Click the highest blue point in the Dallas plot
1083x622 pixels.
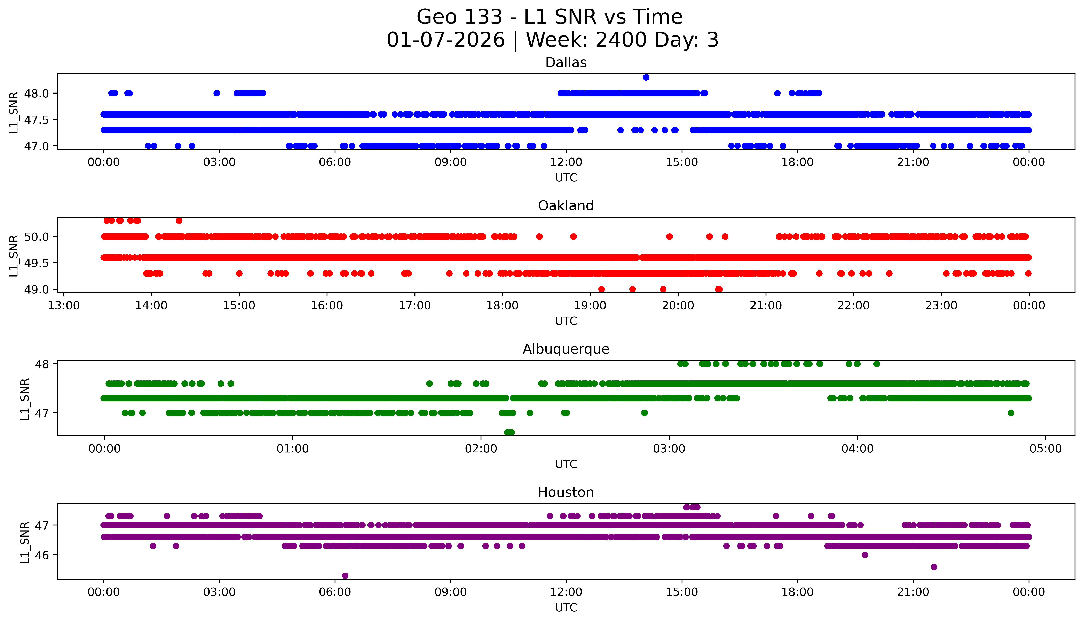coord(646,77)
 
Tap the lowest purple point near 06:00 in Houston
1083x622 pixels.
coord(345,575)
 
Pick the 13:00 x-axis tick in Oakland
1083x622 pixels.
coord(64,305)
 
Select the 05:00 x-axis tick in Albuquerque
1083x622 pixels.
coord(1045,449)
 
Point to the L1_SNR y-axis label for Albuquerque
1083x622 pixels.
coord(25,399)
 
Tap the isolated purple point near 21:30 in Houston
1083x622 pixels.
coord(934,567)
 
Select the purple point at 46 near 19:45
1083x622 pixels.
coord(865,555)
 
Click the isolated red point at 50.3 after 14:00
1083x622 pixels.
coord(179,220)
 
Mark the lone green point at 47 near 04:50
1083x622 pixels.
coord(1011,413)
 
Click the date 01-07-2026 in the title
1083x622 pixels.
coord(446,40)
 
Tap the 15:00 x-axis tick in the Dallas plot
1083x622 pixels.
coord(682,162)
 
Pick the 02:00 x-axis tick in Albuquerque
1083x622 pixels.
coord(481,449)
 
